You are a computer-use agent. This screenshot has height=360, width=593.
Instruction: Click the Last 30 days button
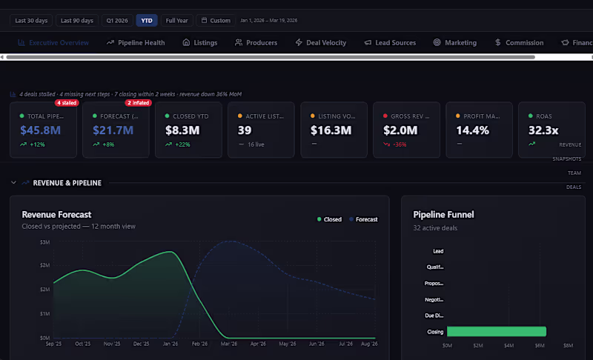(32, 21)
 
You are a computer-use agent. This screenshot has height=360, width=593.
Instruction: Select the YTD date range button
(147, 21)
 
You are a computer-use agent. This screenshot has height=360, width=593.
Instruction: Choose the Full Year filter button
(176, 21)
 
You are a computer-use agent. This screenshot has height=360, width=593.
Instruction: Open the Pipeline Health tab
(136, 43)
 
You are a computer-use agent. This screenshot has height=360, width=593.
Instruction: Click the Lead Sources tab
(390, 43)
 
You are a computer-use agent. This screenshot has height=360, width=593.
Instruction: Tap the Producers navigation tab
(256, 43)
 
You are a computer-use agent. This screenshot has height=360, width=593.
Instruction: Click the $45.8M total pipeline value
(40, 130)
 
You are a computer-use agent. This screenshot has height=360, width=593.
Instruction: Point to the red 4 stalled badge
(67, 103)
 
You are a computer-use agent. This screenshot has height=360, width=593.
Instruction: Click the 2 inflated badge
(139, 103)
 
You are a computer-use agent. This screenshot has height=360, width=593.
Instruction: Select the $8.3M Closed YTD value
(182, 130)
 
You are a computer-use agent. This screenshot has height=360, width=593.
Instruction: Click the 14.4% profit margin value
(472, 130)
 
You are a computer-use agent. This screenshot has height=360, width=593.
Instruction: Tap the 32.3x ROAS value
(543, 130)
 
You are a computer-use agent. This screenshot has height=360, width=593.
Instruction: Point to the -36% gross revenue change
(398, 144)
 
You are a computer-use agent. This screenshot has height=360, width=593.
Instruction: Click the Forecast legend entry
(362, 219)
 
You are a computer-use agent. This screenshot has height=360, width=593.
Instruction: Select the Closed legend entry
(329, 219)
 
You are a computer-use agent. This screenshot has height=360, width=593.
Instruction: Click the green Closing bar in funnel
(496, 332)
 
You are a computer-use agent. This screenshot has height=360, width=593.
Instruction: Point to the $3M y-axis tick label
(45, 242)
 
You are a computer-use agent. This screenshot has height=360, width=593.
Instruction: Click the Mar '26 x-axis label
(228, 344)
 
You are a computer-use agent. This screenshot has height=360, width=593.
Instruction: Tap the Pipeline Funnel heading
(443, 215)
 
